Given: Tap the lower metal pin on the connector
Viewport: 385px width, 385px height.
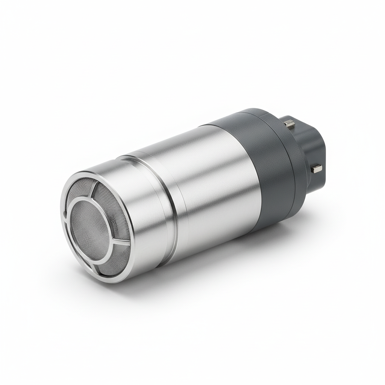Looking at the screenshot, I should click(x=317, y=168).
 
